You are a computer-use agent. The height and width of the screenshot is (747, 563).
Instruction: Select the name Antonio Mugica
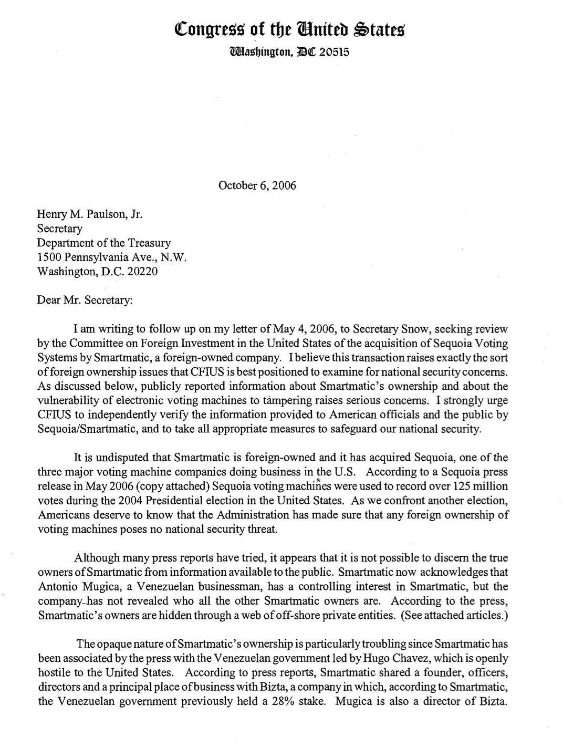click(x=74, y=586)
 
